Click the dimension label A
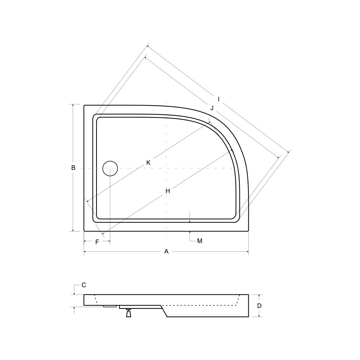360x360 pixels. (x=166, y=251)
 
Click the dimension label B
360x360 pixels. (x=73, y=168)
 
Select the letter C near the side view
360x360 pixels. (x=84, y=285)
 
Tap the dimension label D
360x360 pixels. (x=259, y=306)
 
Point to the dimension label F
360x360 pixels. (x=97, y=242)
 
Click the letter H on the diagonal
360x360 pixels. (x=168, y=191)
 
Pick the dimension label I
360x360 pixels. (x=219, y=99)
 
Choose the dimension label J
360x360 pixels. (x=212, y=108)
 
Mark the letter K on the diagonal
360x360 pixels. (x=149, y=163)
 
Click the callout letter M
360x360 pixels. (x=200, y=241)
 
